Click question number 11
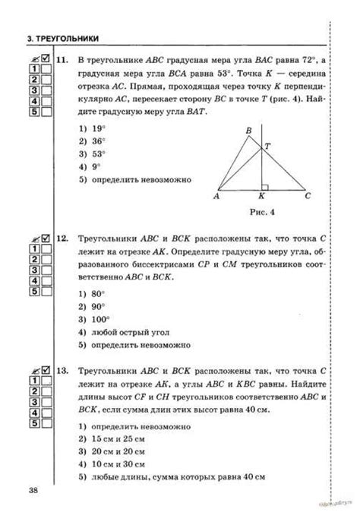(63, 58)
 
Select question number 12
(63, 239)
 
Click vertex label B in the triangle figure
(248, 131)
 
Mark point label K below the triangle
(262, 197)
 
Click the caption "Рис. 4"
(261, 210)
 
